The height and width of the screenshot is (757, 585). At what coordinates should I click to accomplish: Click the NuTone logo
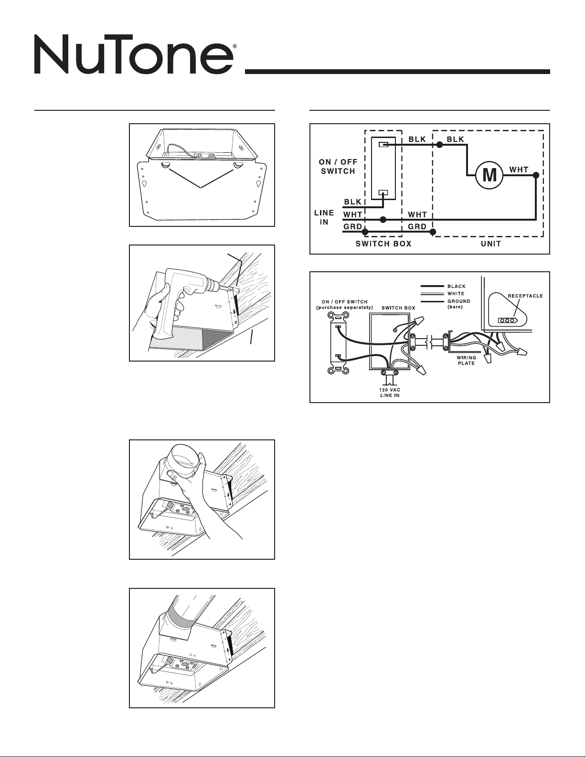point(134,56)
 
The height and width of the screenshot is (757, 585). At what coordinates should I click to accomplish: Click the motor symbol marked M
point(489,175)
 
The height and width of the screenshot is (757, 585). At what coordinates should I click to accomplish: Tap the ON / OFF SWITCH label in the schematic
point(338,167)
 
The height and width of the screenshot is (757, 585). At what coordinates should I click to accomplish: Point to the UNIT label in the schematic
point(491,244)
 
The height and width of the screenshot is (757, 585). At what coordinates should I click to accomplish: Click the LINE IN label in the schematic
point(324,218)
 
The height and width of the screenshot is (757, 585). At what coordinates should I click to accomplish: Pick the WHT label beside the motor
point(519,170)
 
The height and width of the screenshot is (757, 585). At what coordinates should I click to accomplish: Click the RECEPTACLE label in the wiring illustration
point(524,296)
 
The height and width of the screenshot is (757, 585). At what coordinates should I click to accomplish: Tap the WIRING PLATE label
point(466,361)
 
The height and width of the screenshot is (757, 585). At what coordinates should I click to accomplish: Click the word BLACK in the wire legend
point(457,287)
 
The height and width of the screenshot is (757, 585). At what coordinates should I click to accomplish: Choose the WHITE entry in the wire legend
point(456,294)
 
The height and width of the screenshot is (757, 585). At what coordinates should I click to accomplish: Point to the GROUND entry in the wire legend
point(458,301)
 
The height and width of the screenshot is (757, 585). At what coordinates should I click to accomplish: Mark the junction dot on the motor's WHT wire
point(536,175)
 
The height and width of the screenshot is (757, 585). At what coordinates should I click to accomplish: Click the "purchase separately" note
point(345,308)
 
